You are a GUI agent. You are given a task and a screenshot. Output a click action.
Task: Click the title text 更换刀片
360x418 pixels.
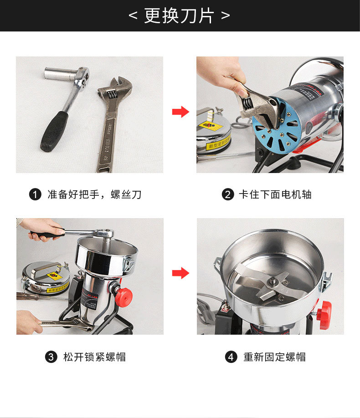click(x=180, y=15)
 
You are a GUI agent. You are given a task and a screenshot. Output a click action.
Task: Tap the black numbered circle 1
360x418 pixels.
click(x=35, y=195)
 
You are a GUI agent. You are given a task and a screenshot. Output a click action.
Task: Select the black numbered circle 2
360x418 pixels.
click(x=227, y=195)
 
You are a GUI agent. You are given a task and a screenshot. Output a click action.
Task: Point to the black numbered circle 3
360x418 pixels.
click(x=51, y=357)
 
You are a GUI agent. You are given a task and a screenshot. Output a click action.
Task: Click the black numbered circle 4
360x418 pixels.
click(x=231, y=357)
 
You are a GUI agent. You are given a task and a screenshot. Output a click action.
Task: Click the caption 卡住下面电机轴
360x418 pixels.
click(x=275, y=195)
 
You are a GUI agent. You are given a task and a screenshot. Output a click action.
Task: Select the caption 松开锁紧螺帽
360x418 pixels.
click(x=94, y=357)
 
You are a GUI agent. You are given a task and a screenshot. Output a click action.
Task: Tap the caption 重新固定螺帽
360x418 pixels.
click(x=274, y=357)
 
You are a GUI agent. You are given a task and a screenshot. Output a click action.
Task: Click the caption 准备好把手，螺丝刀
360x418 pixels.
click(x=94, y=195)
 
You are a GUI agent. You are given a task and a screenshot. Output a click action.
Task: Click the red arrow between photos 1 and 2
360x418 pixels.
click(x=180, y=112)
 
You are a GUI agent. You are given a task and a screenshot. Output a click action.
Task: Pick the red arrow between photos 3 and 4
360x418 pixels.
click(x=180, y=273)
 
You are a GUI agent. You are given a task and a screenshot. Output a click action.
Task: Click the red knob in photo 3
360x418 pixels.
click(x=123, y=296)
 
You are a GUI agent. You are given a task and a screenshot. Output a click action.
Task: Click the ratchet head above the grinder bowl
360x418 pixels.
click(x=104, y=234)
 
